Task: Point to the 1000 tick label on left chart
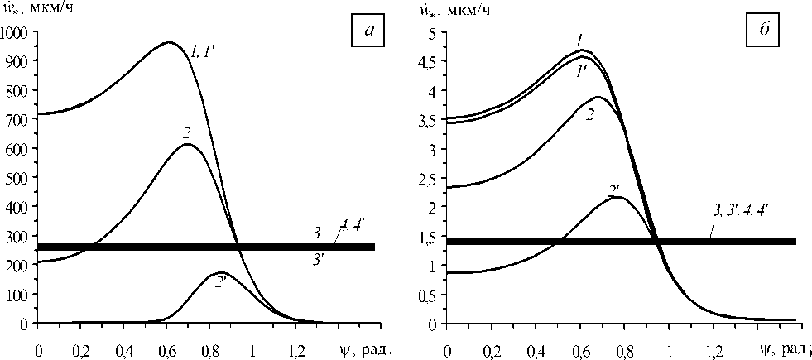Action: coord(15,32)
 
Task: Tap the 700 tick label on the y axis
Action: coord(18,119)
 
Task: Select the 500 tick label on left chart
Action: coord(18,178)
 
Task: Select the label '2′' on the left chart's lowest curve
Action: coord(221,282)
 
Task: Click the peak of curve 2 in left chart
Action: coord(188,145)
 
